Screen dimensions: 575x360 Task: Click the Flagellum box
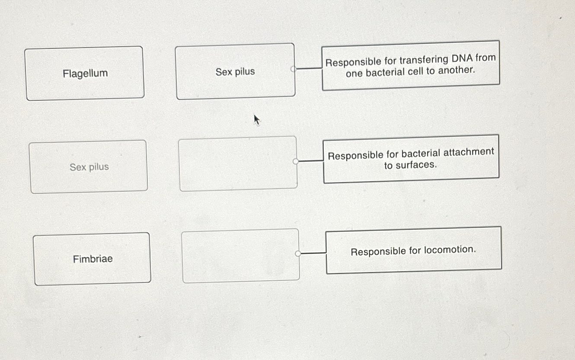[85, 74]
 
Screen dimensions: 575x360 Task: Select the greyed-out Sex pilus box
[89, 167]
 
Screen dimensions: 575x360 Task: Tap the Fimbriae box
[92, 259]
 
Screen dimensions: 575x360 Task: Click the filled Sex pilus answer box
[235, 72]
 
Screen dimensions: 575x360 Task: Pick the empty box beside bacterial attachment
[238, 164]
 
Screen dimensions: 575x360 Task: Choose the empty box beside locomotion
[240, 256]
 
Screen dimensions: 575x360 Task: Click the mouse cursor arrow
[256, 119]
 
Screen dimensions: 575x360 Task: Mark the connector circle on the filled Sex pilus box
[293, 68]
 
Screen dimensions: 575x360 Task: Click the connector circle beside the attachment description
[296, 161]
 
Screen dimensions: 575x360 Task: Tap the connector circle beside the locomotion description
[298, 254]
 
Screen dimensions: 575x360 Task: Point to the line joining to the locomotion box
[313, 253]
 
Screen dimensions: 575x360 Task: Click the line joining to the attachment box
[311, 161]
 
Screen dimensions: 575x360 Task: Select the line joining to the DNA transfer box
[309, 68]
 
